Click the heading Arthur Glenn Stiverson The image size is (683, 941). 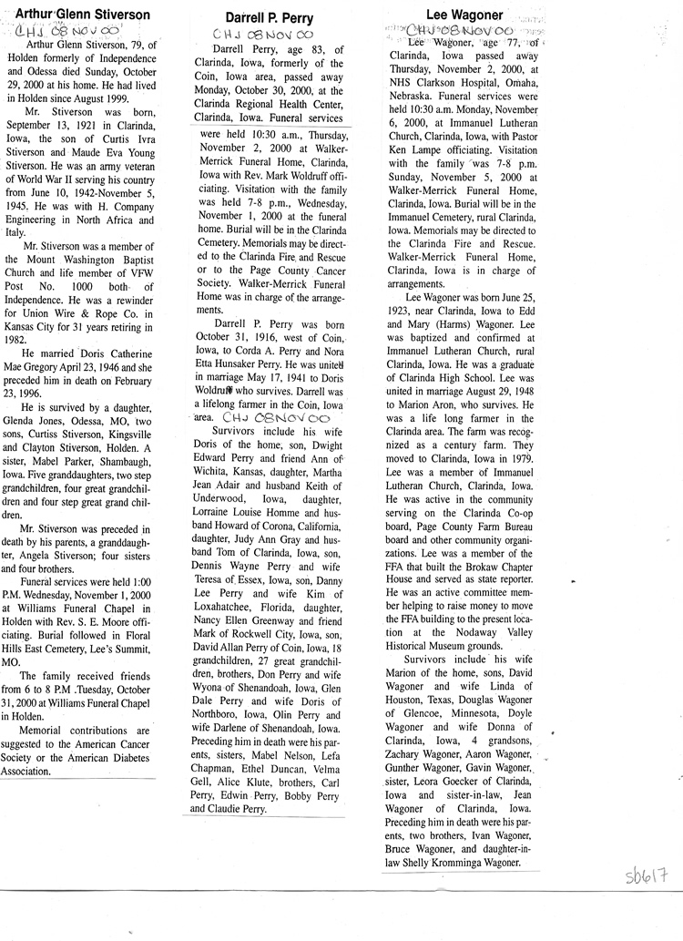[x=77, y=15]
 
